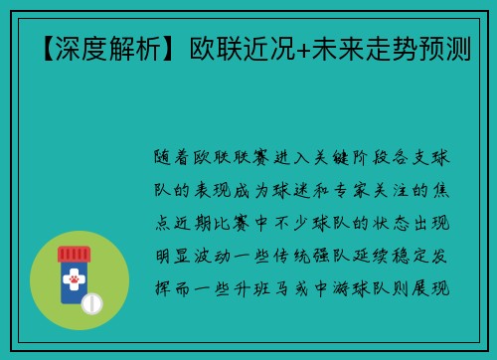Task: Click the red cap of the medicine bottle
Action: (x=73, y=255)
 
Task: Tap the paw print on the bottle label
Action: (x=73, y=282)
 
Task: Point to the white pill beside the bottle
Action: (x=93, y=301)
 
